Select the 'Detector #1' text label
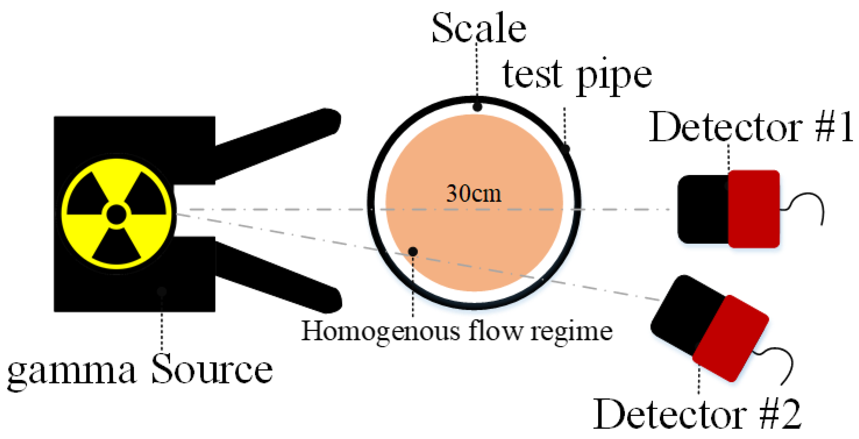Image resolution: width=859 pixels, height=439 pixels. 750,127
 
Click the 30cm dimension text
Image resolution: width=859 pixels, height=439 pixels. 473,193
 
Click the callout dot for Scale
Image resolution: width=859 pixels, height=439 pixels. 478,107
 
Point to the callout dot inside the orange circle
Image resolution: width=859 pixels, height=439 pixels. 413,251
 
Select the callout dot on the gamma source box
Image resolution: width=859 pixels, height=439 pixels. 162,291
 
